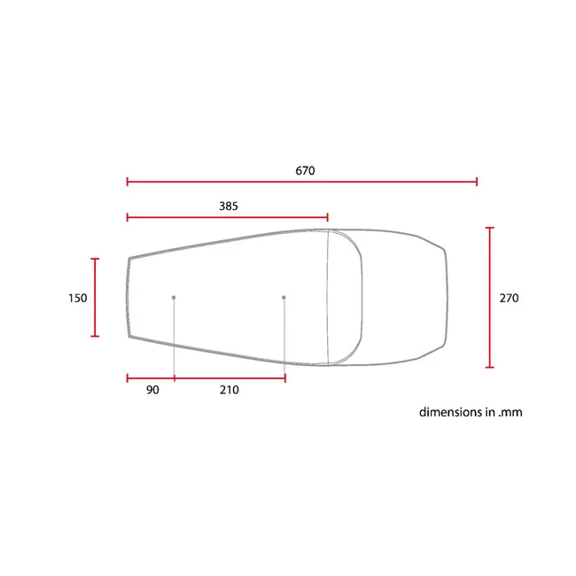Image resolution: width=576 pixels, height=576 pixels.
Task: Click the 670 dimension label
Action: pyautogui.click(x=305, y=171)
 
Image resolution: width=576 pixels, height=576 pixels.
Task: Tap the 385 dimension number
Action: pyautogui.click(x=229, y=206)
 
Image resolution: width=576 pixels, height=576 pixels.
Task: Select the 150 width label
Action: pyautogui.click(x=77, y=298)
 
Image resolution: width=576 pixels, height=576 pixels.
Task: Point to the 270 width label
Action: pyautogui.click(x=509, y=298)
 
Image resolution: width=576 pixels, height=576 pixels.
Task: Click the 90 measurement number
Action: pyautogui.click(x=152, y=390)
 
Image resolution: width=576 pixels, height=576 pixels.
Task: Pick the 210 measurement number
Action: pyautogui.click(x=230, y=390)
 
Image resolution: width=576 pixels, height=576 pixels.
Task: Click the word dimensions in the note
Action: pyautogui.click(x=451, y=412)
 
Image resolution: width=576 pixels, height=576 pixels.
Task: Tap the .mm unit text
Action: pyautogui.click(x=510, y=413)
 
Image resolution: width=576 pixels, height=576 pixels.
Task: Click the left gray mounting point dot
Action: pyautogui.click(x=174, y=297)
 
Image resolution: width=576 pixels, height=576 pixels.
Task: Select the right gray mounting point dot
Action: pyautogui.click(x=284, y=297)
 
